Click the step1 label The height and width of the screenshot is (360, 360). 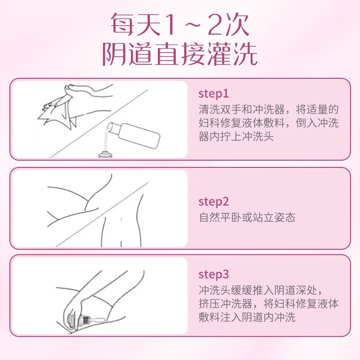click(x=214, y=94)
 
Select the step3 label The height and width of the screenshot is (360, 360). click(x=214, y=274)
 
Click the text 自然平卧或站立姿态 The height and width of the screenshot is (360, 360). click(x=247, y=217)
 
